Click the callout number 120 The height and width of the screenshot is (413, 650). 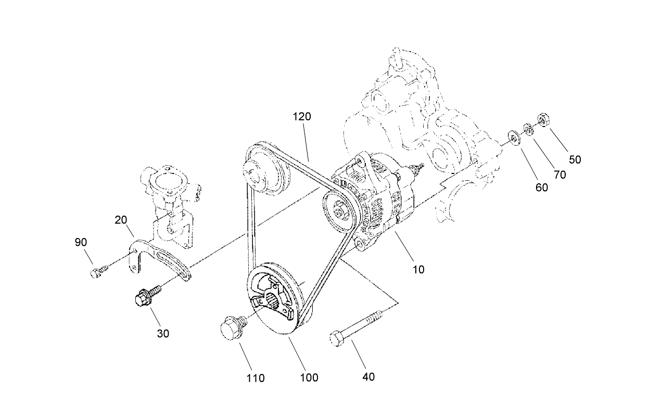(302, 117)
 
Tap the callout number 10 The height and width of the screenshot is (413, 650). (418, 269)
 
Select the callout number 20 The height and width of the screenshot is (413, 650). (121, 221)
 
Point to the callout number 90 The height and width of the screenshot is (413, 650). (81, 243)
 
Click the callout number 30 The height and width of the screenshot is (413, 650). (163, 334)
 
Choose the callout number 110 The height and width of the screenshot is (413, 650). (256, 378)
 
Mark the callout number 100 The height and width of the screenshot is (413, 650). (309, 378)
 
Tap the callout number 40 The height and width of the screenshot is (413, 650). (368, 377)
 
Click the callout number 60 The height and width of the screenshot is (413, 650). (542, 187)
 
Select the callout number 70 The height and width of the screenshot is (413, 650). (559, 175)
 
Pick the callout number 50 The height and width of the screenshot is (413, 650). (575, 160)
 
